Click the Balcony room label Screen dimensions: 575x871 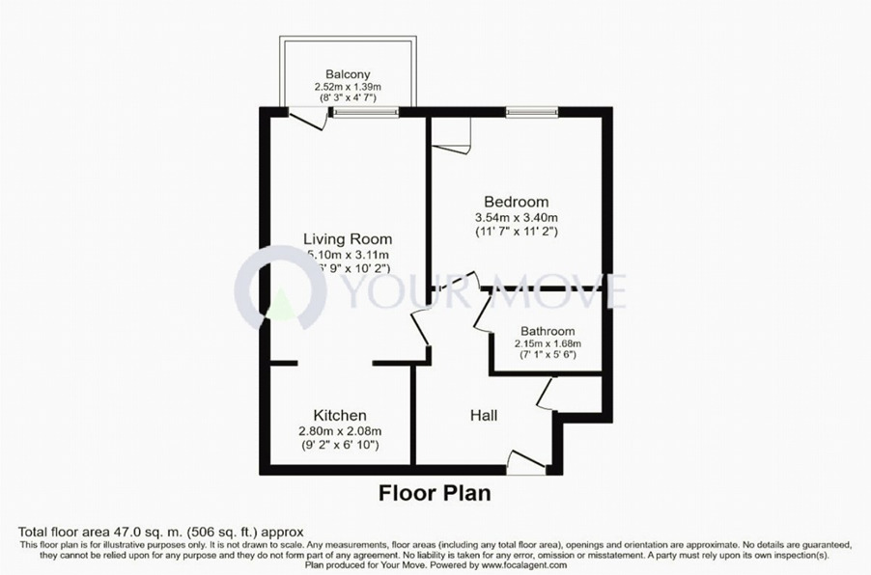[x=348, y=74]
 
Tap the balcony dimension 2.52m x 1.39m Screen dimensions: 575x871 [x=348, y=87]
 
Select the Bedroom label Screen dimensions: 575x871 [x=516, y=202]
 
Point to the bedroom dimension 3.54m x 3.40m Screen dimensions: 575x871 [x=516, y=217]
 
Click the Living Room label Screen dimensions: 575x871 [x=348, y=238]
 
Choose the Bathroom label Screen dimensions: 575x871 [x=548, y=331]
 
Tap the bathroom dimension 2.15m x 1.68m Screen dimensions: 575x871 [x=548, y=343]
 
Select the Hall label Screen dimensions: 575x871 [x=484, y=415]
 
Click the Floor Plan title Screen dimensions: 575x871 [x=434, y=493]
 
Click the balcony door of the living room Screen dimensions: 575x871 [x=308, y=117]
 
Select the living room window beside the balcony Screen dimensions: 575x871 [x=365, y=112]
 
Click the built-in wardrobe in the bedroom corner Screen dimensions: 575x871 [x=451, y=132]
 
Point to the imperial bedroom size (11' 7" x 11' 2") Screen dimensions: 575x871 [x=516, y=232]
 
